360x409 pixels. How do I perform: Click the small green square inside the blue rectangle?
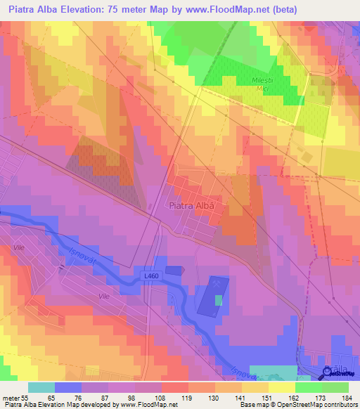point(218,300)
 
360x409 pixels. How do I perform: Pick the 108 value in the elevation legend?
point(160,398)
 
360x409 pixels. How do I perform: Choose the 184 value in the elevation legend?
point(347,398)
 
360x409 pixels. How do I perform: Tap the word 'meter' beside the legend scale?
point(11,398)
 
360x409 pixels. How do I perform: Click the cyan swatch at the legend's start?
point(41,388)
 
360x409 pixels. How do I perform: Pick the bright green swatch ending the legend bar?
point(335,388)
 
